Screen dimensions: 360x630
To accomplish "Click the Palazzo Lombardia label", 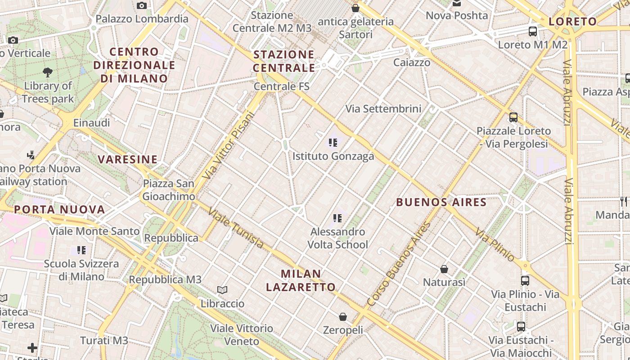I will [142, 19].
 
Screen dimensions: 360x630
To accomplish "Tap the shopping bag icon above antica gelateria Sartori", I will [355, 8].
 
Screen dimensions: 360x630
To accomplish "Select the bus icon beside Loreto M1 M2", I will [533, 31].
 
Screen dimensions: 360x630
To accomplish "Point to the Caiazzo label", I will [412, 63].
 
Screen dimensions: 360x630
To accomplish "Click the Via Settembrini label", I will [383, 108].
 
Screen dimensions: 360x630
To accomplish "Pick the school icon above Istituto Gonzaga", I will [333, 143].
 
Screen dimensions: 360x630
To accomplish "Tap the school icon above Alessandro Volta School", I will [337, 218].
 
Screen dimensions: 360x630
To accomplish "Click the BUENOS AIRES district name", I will [441, 202].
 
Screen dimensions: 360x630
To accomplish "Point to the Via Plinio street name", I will [495, 245].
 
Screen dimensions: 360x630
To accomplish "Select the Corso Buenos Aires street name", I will [399, 265].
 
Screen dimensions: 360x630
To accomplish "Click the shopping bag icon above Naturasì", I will [444, 269].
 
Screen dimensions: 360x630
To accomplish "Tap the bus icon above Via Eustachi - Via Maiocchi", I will [521, 327].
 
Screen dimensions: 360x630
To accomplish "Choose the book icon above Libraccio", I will [222, 290].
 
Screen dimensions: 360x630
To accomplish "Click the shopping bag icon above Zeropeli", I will [343, 317].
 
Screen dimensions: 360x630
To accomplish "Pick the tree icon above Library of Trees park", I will [48, 72].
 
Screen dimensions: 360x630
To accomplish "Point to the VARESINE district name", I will [128, 159].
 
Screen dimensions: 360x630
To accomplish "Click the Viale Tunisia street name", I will [236, 228].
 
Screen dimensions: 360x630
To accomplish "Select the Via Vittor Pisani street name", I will [229, 145].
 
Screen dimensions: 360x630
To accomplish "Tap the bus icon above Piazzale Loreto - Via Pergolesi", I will [513, 117].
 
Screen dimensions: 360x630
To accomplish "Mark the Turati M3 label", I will [104, 341].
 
